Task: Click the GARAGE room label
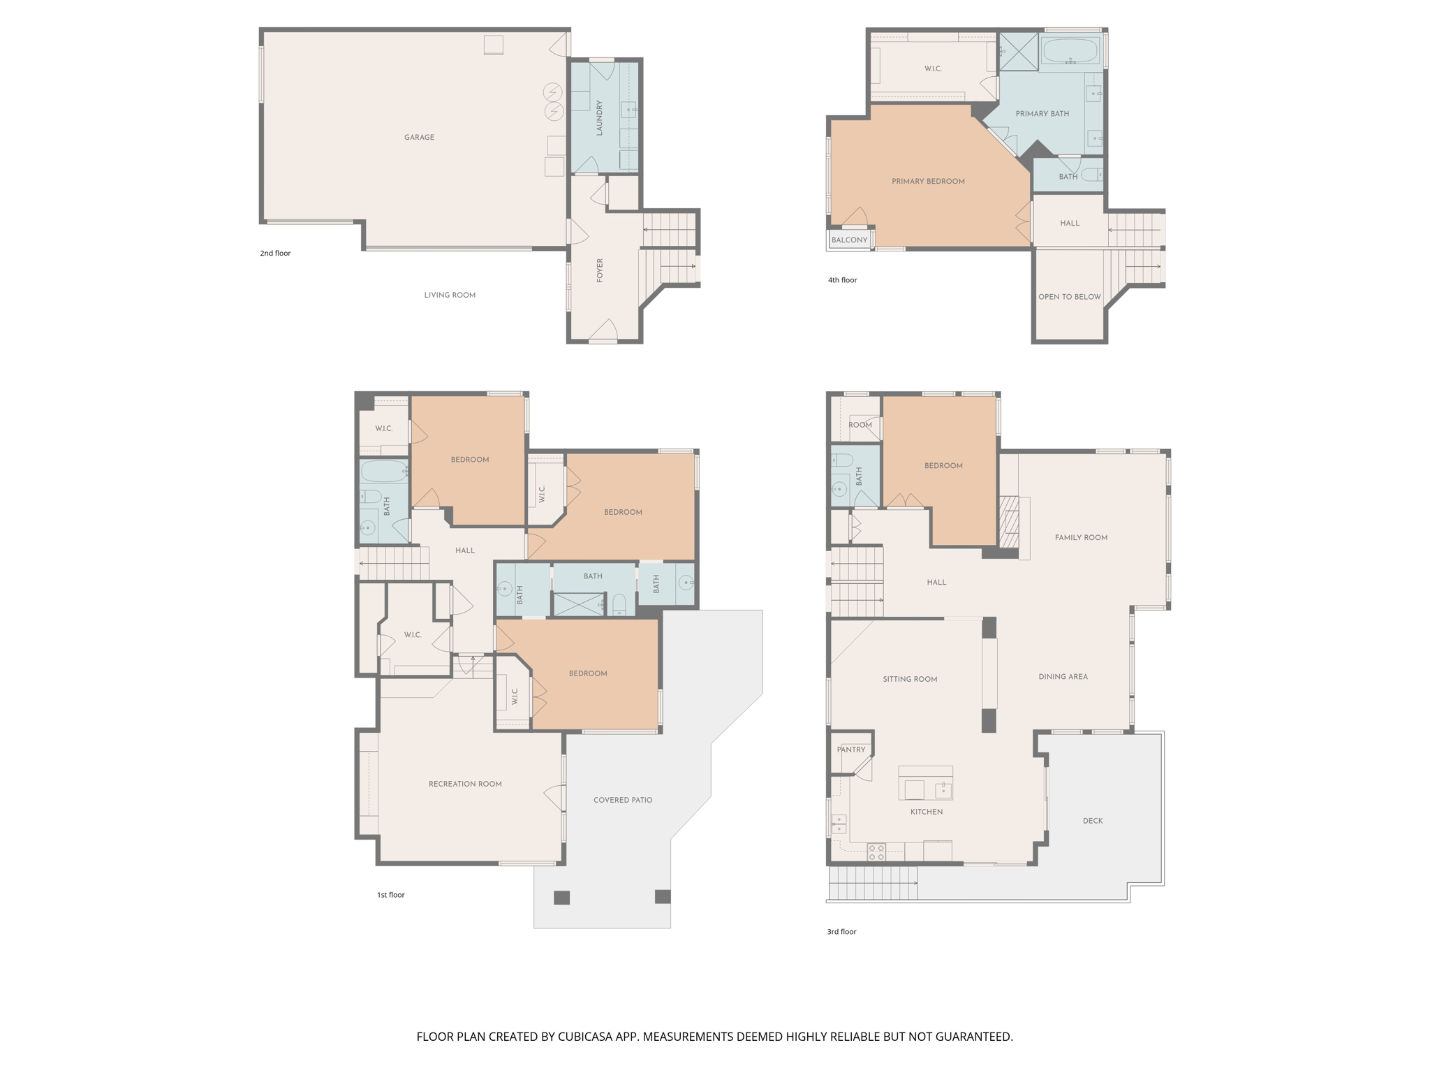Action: (x=419, y=138)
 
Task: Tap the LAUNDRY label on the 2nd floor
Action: (x=599, y=117)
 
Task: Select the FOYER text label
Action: (x=599, y=270)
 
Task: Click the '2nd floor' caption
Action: (x=275, y=254)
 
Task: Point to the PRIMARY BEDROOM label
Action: (x=928, y=182)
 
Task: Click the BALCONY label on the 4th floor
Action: (x=849, y=240)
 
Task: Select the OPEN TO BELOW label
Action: (x=1069, y=297)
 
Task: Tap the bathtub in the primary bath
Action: (x=1070, y=51)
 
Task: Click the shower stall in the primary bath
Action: (x=1019, y=51)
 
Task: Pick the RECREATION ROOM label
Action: (x=465, y=784)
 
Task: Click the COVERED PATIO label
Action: (x=623, y=800)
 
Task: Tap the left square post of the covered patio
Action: (x=561, y=898)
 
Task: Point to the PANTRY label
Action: (x=851, y=750)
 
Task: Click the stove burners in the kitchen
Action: (x=876, y=852)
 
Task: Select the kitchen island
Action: (x=925, y=783)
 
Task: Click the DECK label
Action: (x=1093, y=821)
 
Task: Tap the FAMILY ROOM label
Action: (x=1081, y=538)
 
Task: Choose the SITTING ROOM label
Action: (x=910, y=679)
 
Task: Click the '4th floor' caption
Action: (x=842, y=280)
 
